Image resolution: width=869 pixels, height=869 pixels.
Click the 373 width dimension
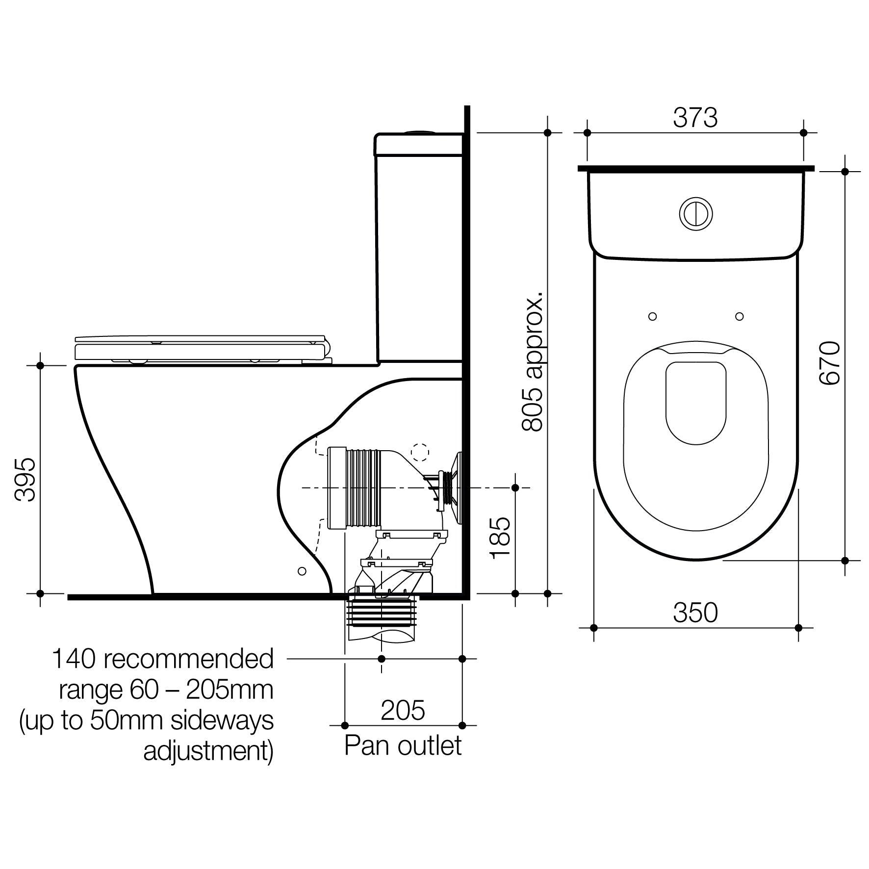(695, 118)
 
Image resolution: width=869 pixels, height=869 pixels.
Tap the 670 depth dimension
(830, 363)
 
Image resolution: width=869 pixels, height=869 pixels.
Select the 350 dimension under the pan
(695, 613)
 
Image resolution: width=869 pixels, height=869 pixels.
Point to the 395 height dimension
(25, 479)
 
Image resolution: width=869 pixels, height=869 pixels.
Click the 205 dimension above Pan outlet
(403, 710)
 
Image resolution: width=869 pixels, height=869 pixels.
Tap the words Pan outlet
(403, 746)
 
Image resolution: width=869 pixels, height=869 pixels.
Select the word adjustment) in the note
(208, 751)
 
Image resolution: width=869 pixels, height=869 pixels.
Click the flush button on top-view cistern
(695, 214)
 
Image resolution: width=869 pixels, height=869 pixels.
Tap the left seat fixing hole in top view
(652, 316)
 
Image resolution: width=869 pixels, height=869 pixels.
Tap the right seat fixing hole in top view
(740, 316)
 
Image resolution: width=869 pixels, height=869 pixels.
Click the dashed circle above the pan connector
(420, 452)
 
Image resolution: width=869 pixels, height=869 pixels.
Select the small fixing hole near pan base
(302, 571)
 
